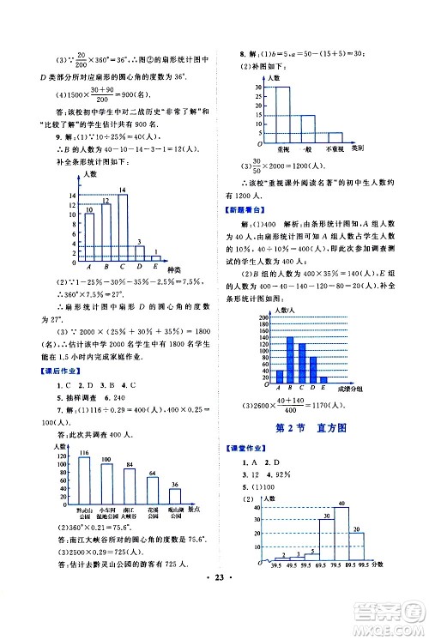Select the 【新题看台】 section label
pyautogui.click(x=245, y=208)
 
